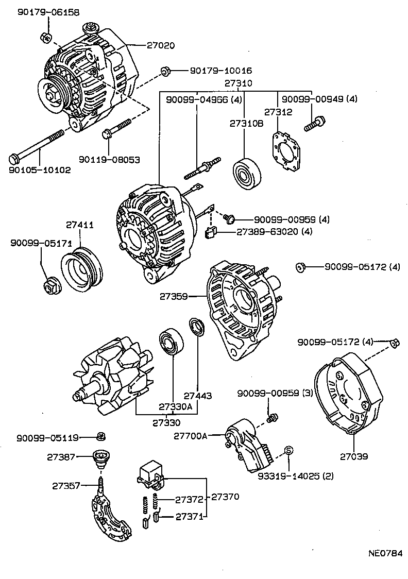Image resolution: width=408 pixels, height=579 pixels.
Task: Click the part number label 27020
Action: point(160,45)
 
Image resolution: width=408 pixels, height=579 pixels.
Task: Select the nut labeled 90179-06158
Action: point(45,37)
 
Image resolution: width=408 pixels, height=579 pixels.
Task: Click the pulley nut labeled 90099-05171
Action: point(51,284)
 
